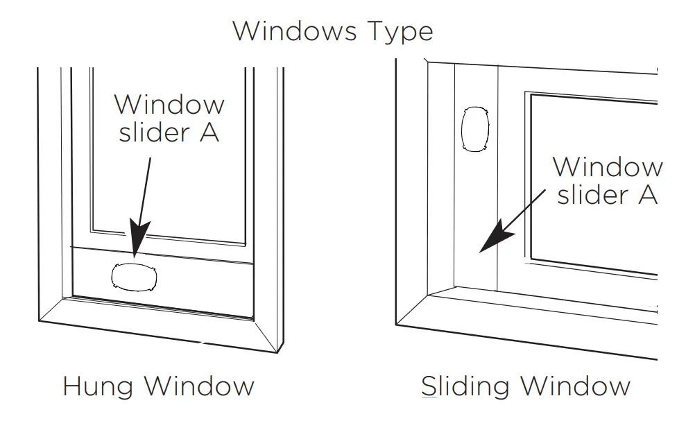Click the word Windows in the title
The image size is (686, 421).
295,31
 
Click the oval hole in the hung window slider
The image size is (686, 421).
135,277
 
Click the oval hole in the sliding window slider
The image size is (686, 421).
475,129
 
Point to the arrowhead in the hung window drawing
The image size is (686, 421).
137,243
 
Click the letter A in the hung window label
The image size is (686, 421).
209,133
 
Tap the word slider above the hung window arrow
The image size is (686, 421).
154,132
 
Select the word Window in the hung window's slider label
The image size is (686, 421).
169,105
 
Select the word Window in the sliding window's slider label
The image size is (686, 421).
607,167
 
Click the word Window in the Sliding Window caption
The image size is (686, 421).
574,386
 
